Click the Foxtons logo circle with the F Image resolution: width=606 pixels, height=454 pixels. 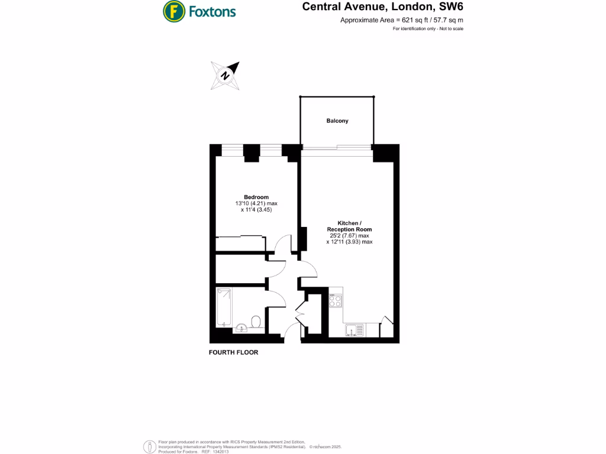pyautogui.click(x=173, y=11)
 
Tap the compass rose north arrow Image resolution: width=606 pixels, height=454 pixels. pyautogui.click(x=225, y=75)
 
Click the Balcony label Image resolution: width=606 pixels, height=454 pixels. pyautogui.click(x=337, y=121)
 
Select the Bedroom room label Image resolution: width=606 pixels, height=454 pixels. pyautogui.click(x=256, y=197)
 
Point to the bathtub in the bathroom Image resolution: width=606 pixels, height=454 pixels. pyautogui.click(x=223, y=306)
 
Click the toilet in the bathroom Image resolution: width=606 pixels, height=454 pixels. pyautogui.click(x=256, y=322)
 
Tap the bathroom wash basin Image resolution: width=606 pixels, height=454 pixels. pyautogui.click(x=241, y=328)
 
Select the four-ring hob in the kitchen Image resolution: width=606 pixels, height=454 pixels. pyautogui.click(x=336, y=300)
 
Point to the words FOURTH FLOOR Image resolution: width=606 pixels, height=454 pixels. pyautogui.click(x=234, y=352)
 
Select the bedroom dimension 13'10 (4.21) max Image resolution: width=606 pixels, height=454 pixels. pyautogui.click(x=256, y=203)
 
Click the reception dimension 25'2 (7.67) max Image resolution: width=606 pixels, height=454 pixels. pyautogui.click(x=350, y=235)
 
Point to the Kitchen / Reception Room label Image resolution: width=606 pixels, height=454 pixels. pyautogui.click(x=350, y=226)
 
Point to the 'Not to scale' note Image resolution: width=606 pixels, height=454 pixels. pyautogui.click(x=450, y=29)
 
